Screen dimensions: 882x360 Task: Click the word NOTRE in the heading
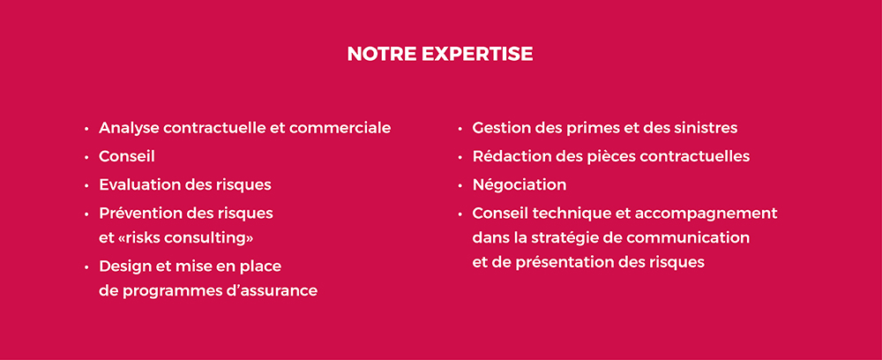[381, 54]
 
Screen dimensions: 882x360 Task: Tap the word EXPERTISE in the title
[477, 54]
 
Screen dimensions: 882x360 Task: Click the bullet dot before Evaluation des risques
[86, 185]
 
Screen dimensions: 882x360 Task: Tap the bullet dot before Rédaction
[460, 157]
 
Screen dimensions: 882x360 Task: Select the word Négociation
[519, 185]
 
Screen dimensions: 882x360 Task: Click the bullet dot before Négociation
[460, 185]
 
